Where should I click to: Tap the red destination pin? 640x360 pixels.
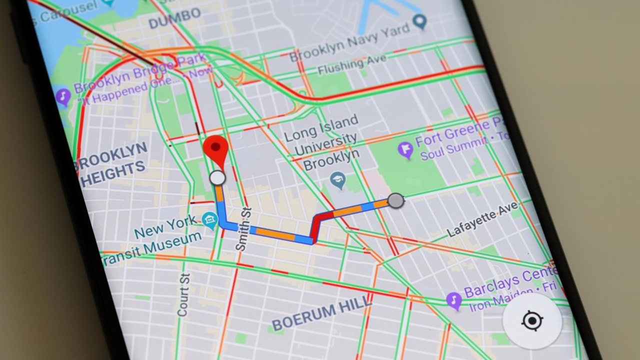[215, 149]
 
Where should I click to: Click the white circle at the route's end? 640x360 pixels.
[217, 177]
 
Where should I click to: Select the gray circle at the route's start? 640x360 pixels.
[395, 200]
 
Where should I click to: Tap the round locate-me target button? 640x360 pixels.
[532, 320]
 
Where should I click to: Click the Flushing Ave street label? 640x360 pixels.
[352, 64]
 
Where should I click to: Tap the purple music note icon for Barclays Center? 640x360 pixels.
[453, 300]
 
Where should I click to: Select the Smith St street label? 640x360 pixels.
[243, 229]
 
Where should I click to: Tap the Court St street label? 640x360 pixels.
[183, 294]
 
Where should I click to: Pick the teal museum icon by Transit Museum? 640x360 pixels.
[210, 219]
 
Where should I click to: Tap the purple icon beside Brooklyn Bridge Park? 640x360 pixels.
[63, 96]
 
